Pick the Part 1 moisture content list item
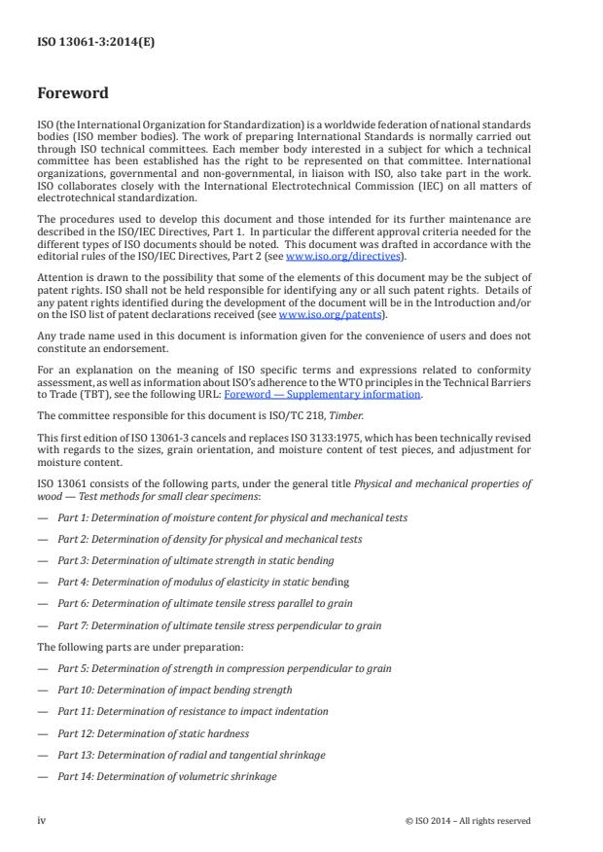[x=231, y=517]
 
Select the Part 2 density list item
[x=209, y=539]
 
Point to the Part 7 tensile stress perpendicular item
[x=219, y=624]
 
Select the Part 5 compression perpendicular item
[x=225, y=668]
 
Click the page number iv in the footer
[x=42, y=820]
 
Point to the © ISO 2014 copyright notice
[x=467, y=820]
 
